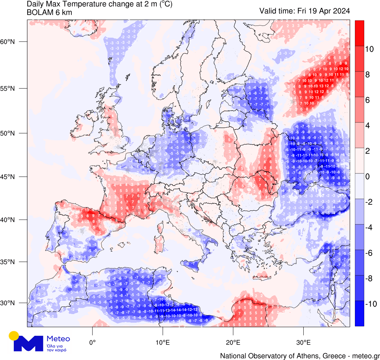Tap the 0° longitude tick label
pos(92,341)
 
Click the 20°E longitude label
pos(233,341)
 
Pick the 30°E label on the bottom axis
pos(303,341)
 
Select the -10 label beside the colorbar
pos(371,304)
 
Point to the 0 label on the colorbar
pos(367,177)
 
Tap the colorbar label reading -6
pos(370,253)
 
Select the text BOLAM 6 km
pos(49,13)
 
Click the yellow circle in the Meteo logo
pos(14,336)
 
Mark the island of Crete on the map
pos(261,276)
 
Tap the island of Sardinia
pos(158,244)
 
